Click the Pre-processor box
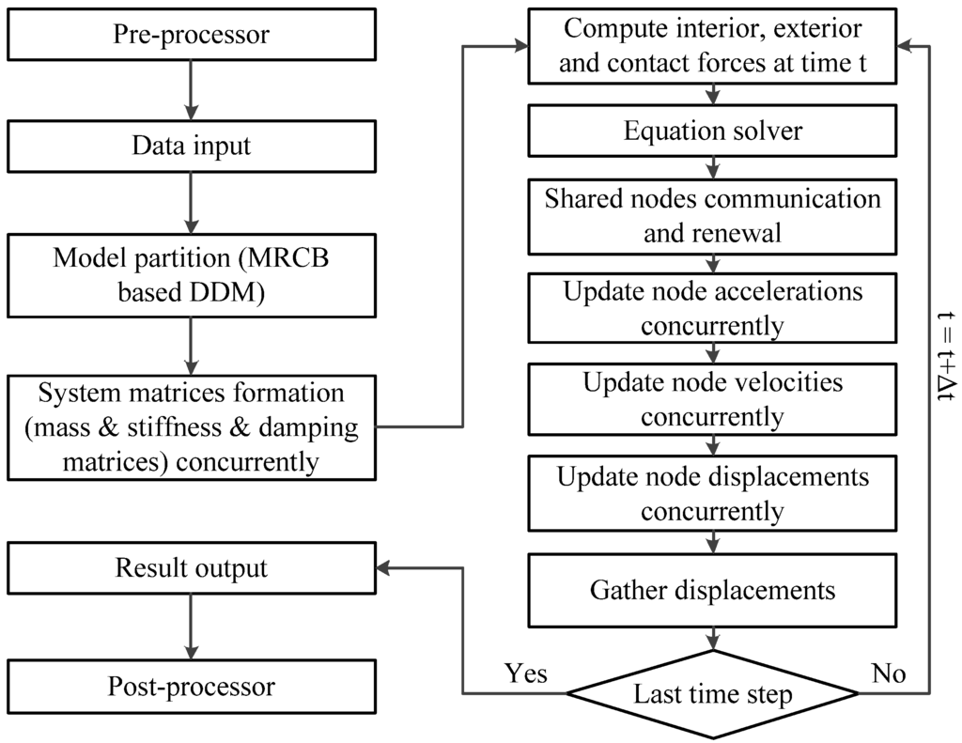(191, 36)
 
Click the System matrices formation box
(191, 426)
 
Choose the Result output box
(191, 568)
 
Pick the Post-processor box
(191, 687)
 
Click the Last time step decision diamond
(712, 695)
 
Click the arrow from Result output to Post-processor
(191, 627)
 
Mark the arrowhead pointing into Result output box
(383, 568)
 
